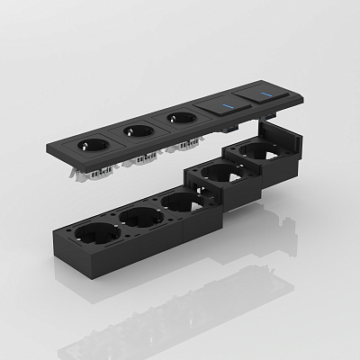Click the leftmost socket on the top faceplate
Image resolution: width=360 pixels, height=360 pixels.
coord(94,142)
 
